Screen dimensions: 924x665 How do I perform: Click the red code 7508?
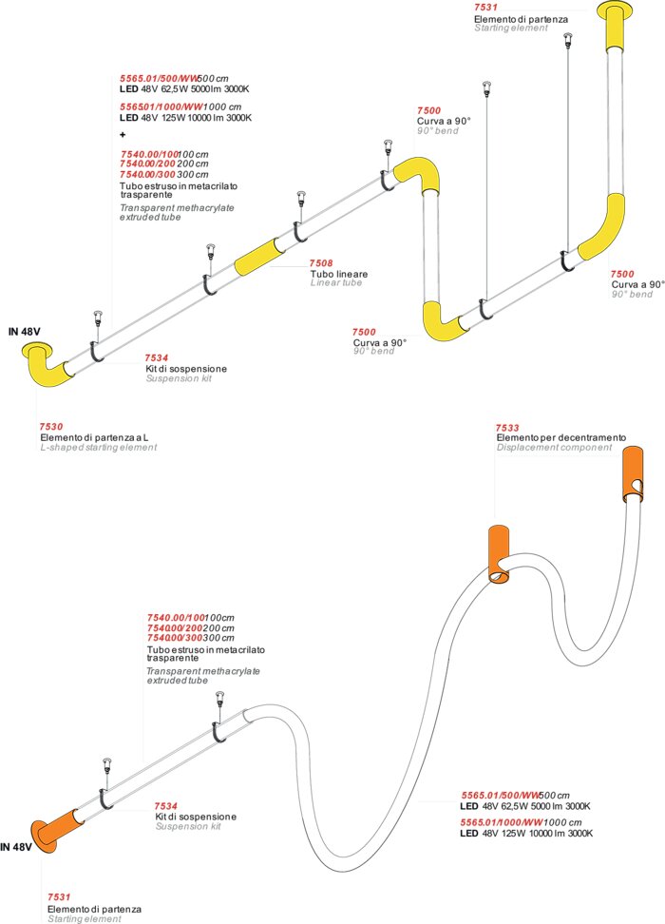coord(320,263)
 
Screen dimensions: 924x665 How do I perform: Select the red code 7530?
coord(51,427)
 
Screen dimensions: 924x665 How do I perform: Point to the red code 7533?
coord(507,428)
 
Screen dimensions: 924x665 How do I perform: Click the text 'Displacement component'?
coord(554,447)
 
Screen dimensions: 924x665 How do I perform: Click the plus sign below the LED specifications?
coord(123,135)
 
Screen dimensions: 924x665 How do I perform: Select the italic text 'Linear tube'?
coord(336,283)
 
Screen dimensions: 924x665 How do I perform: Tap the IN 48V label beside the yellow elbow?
coord(27,332)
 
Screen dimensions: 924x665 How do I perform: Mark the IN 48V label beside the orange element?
coord(17,846)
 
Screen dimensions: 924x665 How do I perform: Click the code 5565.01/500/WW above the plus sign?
coord(158,78)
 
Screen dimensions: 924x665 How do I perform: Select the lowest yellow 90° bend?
coord(444,320)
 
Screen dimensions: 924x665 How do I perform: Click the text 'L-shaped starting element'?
coord(98,447)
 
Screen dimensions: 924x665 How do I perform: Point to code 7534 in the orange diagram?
coord(166,805)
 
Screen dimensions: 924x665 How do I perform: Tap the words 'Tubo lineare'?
coord(339,274)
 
